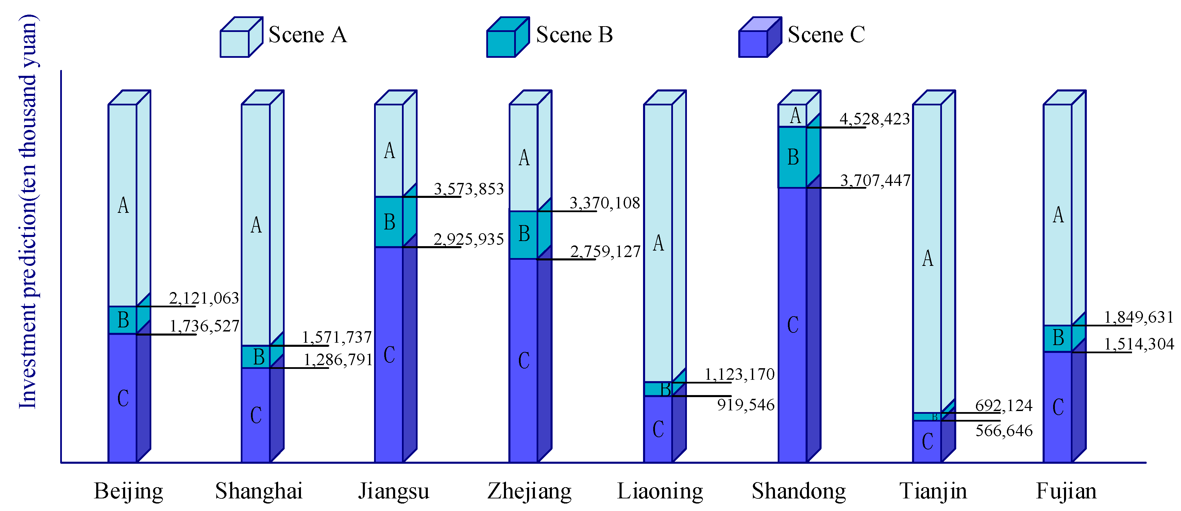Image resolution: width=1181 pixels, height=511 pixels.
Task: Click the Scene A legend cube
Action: tap(241, 38)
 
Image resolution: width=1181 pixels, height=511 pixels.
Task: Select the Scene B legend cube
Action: tap(507, 38)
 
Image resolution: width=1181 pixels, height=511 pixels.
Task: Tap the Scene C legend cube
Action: tap(760, 38)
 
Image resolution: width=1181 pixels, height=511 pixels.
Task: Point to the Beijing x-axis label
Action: tap(129, 491)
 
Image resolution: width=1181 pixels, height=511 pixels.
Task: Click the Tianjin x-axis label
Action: tap(933, 491)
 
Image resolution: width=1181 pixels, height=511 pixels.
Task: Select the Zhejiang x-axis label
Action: tap(529, 491)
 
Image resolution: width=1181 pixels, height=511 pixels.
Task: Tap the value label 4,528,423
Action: tap(874, 119)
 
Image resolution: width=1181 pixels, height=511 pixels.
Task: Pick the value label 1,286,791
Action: tap(338, 360)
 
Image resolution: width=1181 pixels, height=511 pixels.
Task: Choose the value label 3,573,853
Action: tap(469, 188)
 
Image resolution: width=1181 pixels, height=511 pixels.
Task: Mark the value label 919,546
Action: tap(746, 405)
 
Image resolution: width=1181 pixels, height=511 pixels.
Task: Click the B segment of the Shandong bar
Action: tap(793, 157)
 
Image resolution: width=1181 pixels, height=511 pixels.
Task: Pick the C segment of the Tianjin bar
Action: tap(927, 441)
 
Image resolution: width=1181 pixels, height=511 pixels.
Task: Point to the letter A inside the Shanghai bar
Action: tap(256, 225)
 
